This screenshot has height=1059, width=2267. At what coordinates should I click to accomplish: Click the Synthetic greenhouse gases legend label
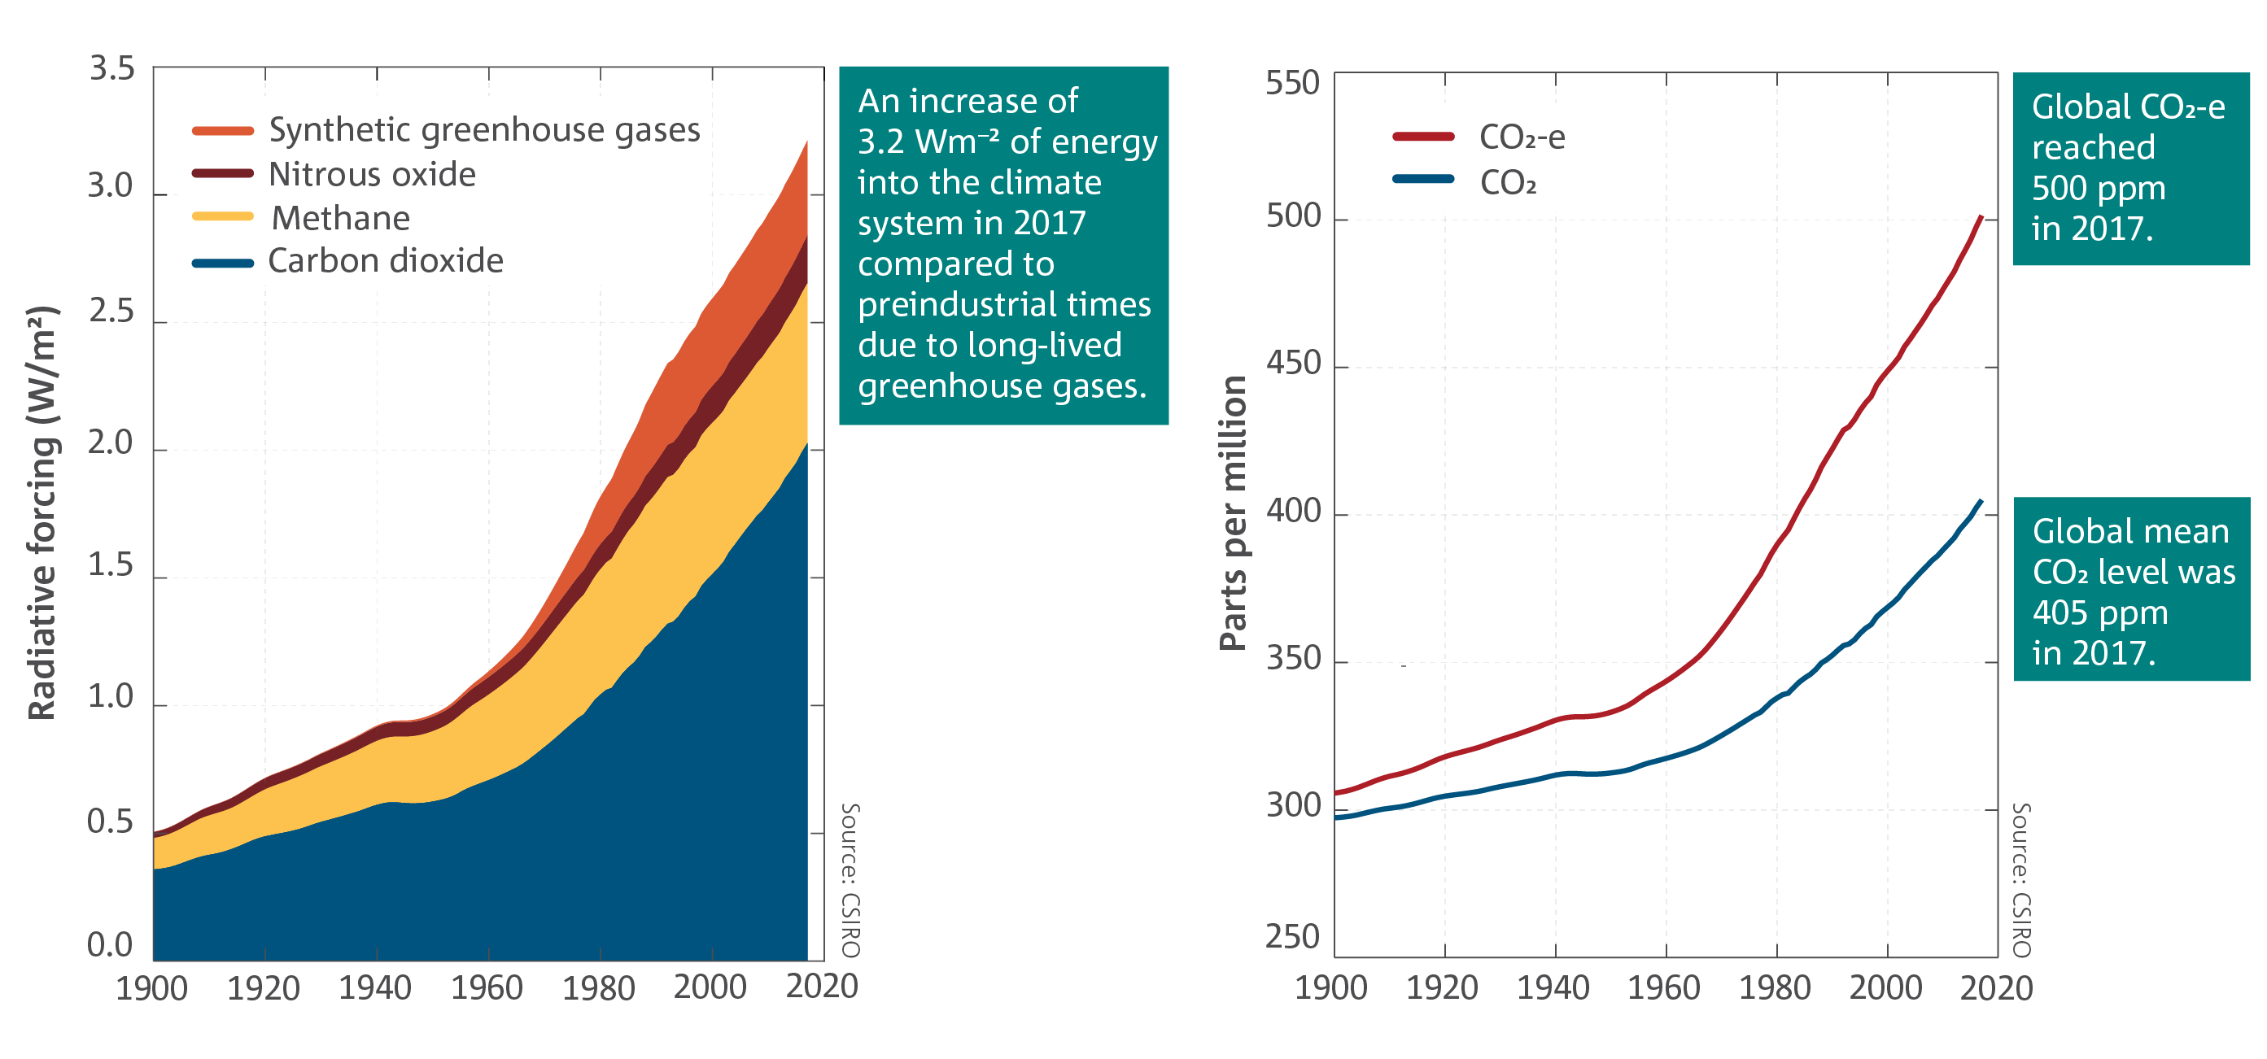[x=484, y=130]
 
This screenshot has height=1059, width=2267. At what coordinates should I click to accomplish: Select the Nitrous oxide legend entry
[x=371, y=174]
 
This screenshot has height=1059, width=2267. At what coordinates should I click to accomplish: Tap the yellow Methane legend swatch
[x=223, y=216]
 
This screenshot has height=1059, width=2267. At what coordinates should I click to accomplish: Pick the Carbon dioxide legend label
[x=386, y=260]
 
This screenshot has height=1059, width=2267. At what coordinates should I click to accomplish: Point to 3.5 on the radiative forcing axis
[x=111, y=68]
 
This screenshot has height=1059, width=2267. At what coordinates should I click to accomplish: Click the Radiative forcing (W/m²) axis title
[x=42, y=512]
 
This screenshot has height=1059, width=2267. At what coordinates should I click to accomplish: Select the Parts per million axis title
[x=1234, y=512]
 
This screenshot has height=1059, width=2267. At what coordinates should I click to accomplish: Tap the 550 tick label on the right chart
[x=1292, y=84]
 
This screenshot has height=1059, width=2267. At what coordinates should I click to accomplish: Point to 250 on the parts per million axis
[x=1292, y=938]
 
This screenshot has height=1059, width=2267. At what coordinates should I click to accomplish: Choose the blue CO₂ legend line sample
[x=1423, y=180]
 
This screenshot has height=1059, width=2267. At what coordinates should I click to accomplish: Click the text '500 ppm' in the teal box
[x=2098, y=188]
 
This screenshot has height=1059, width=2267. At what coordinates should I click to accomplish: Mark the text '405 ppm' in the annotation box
[x=2100, y=612]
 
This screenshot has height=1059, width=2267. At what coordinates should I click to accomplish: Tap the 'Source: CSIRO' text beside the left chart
[x=850, y=879]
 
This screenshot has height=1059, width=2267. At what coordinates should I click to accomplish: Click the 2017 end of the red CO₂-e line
[x=1981, y=216]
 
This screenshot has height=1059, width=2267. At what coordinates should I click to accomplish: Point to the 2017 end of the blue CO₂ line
[x=1981, y=501]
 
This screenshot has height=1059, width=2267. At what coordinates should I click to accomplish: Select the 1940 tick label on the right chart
[x=1553, y=987]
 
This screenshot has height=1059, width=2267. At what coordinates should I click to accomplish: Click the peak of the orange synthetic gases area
[x=806, y=142]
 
